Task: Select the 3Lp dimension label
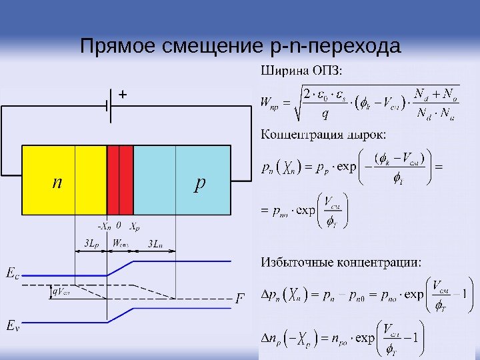91,243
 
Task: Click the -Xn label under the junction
104,225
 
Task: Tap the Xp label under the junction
134,225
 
